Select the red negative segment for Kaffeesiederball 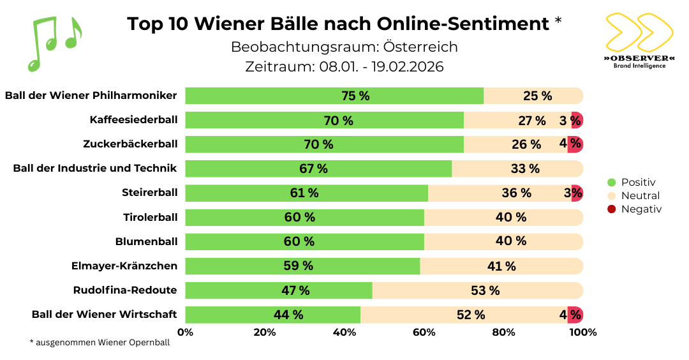pyautogui.click(x=577, y=120)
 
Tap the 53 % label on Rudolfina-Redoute pyautogui.click(x=485, y=290)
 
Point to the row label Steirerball pyautogui.click(x=149, y=193)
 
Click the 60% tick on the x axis pyautogui.click(x=424, y=332)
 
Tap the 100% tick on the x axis pyautogui.click(x=582, y=332)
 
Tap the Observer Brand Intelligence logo pyautogui.click(x=639, y=40)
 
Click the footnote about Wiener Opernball pyautogui.click(x=100, y=343)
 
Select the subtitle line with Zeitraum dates pyautogui.click(x=344, y=66)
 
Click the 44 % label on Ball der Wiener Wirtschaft pyautogui.click(x=288, y=315)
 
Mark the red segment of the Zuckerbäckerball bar pyautogui.click(x=575, y=144)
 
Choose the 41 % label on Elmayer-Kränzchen pyautogui.click(x=501, y=266)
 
